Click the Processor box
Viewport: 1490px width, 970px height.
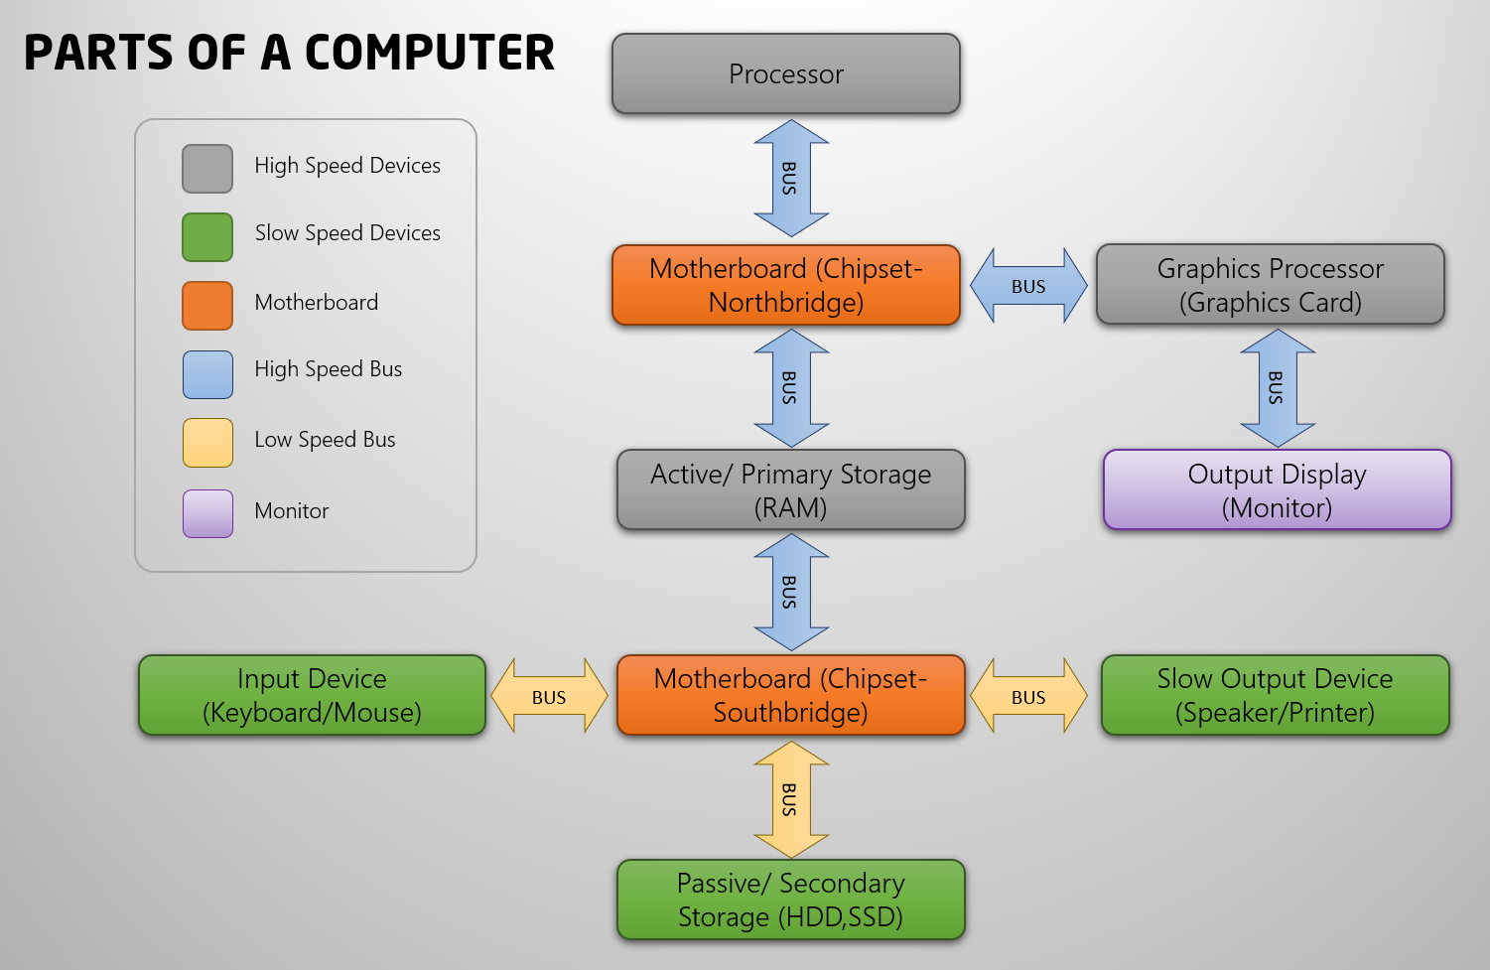tap(786, 74)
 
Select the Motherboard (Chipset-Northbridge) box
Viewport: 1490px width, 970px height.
tap(786, 286)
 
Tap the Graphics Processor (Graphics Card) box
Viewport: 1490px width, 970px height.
tap(1270, 285)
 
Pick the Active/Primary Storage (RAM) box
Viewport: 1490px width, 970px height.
tap(790, 490)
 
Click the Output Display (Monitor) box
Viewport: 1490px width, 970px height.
tap(1277, 490)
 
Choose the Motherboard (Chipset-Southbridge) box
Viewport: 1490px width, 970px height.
tap(790, 695)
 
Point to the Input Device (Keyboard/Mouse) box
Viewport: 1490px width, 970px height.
tap(312, 695)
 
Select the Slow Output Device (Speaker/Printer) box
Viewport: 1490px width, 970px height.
tap(1275, 695)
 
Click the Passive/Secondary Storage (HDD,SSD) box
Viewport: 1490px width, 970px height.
tap(790, 900)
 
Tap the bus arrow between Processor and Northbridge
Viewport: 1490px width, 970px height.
tap(791, 179)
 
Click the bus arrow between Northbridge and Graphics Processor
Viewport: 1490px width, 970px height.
tap(1028, 286)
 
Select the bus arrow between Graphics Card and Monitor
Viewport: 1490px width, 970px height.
tap(1278, 388)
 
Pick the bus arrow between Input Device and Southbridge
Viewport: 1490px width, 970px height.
tap(549, 696)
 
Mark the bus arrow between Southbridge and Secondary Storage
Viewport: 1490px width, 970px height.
tap(791, 799)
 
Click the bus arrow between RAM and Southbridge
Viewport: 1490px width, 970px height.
tap(791, 592)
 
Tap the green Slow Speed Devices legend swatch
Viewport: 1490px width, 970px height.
tap(207, 237)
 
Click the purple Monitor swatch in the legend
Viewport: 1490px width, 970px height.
tap(207, 513)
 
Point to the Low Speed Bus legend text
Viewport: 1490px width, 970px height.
tap(325, 440)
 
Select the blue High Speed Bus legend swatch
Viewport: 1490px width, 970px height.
tap(207, 374)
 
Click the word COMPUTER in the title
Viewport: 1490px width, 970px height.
tap(429, 54)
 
